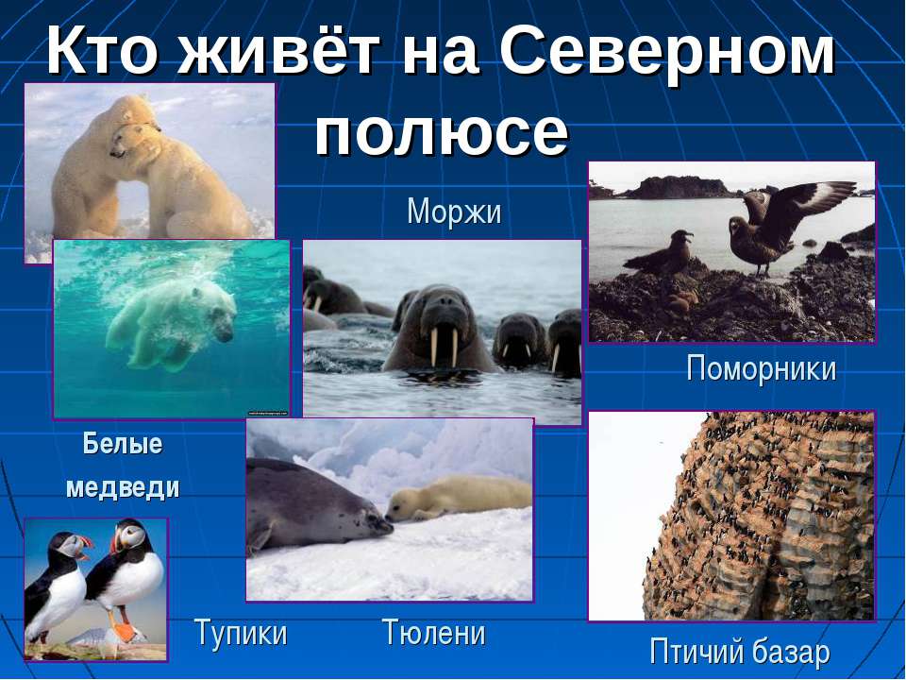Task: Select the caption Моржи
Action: click(454, 212)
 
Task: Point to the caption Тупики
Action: click(241, 633)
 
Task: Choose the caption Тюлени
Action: click(434, 632)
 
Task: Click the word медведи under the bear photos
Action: click(123, 487)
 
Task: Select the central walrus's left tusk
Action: click(434, 346)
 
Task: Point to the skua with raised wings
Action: click(780, 225)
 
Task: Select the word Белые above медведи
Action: click(123, 444)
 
